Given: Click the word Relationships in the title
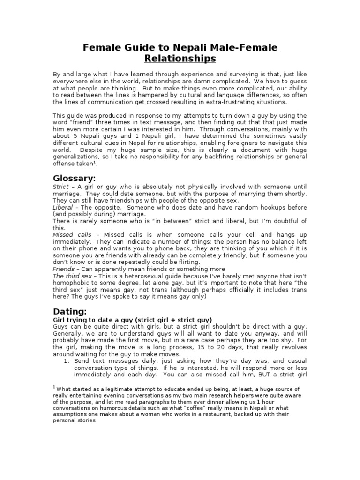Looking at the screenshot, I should tap(180, 59).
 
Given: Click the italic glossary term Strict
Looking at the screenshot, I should tap(60, 187).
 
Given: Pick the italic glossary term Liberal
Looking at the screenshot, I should tap(62, 207).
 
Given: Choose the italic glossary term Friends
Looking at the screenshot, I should tap(63, 269).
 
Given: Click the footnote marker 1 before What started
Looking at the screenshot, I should tap(54, 388).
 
